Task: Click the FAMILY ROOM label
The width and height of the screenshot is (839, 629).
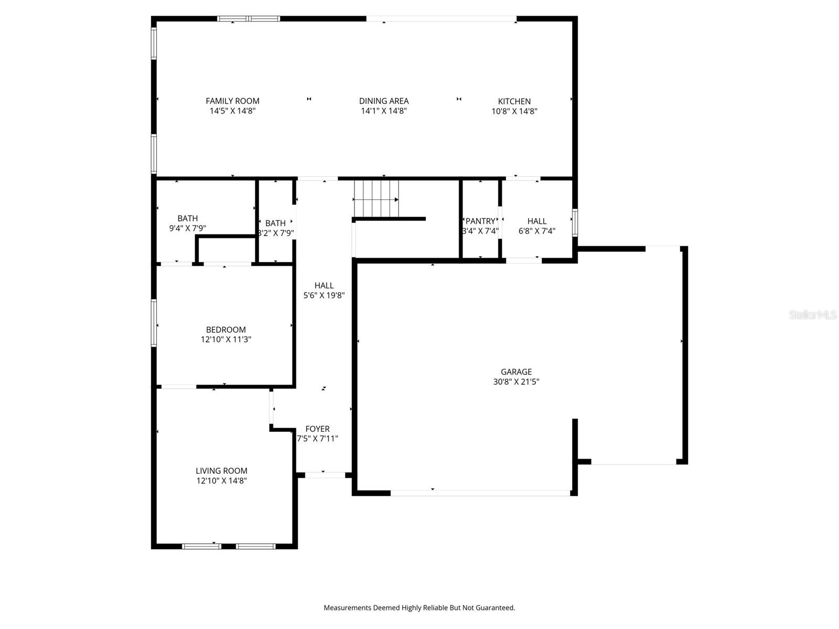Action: [232, 101]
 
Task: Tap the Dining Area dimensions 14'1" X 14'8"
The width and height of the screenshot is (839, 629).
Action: [384, 111]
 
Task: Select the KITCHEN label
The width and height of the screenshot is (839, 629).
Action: [514, 101]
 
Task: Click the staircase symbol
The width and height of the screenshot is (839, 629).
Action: [376, 199]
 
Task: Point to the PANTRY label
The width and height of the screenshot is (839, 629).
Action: [480, 221]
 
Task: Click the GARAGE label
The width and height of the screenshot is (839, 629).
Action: [516, 372]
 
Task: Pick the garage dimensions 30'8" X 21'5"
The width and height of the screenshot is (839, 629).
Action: [516, 382]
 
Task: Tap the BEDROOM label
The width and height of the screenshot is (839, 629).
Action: [225, 330]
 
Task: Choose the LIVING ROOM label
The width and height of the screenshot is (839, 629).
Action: [221, 471]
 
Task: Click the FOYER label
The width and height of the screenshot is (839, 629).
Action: [317, 429]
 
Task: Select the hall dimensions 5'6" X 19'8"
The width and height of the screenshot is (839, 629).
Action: [324, 296]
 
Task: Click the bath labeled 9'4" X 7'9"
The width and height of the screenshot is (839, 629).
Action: [187, 219]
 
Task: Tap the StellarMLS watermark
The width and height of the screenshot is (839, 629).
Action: [812, 315]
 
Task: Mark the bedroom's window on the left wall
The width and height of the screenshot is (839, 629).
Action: [154, 322]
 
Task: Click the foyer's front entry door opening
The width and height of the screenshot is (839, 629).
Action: [325, 475]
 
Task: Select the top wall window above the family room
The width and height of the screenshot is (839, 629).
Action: [249, 19]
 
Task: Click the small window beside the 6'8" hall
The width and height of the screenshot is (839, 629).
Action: [575, 223]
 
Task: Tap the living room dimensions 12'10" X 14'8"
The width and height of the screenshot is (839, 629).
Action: [221, 481]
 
